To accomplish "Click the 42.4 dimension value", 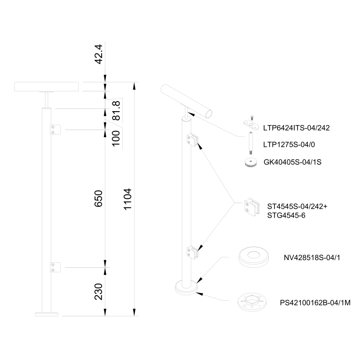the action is click(99, 54).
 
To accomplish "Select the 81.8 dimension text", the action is click(117, 111).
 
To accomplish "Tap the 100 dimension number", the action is click(116, 138).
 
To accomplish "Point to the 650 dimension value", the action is click(99, 198).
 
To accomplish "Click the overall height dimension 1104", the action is click(128, 199).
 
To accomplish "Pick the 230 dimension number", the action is click(99, 292).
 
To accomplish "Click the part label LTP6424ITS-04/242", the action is click(297, 128).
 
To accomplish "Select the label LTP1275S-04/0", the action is click(289, 144).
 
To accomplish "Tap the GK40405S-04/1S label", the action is click(292, 162).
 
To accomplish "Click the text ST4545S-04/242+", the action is click(297, 207).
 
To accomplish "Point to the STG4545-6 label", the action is click(286, 216).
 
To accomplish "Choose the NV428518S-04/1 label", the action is click(312, 257).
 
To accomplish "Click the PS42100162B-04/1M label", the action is click(315, 303).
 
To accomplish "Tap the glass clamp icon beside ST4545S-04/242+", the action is click(252, 207).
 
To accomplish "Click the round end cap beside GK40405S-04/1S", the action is click(251, 162).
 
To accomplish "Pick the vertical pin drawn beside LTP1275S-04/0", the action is click(251, 143).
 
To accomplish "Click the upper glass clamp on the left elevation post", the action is click(55, 130).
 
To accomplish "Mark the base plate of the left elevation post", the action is click(47, 314).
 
